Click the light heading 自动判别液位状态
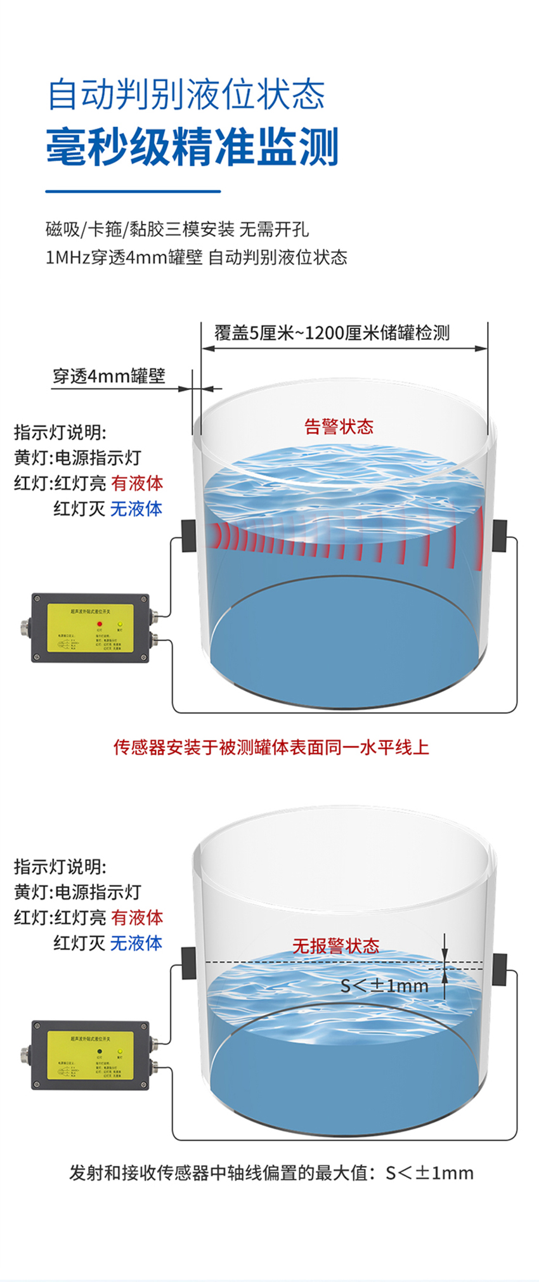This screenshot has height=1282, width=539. (186, 95)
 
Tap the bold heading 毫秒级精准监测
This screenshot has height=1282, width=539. (192, 147)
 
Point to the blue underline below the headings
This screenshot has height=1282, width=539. (133, 190)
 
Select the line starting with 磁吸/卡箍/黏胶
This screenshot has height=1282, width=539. (178, 229)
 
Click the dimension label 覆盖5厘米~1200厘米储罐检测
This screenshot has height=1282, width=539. (332, 332)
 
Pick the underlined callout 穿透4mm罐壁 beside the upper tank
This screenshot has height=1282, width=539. (109, 376)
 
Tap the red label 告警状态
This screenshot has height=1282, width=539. (339, 426)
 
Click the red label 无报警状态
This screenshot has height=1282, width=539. (335, 946)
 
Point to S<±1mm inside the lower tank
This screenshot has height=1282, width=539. (384, 985)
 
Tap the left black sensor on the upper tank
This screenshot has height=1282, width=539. (188, 534)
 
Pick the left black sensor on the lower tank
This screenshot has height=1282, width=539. (188, 962)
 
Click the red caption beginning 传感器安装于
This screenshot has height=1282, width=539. (271, 747)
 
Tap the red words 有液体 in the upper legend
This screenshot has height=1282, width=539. (137, 483)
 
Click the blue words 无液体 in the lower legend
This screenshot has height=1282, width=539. (136, 943)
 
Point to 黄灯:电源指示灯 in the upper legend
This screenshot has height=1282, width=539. (77, 458)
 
